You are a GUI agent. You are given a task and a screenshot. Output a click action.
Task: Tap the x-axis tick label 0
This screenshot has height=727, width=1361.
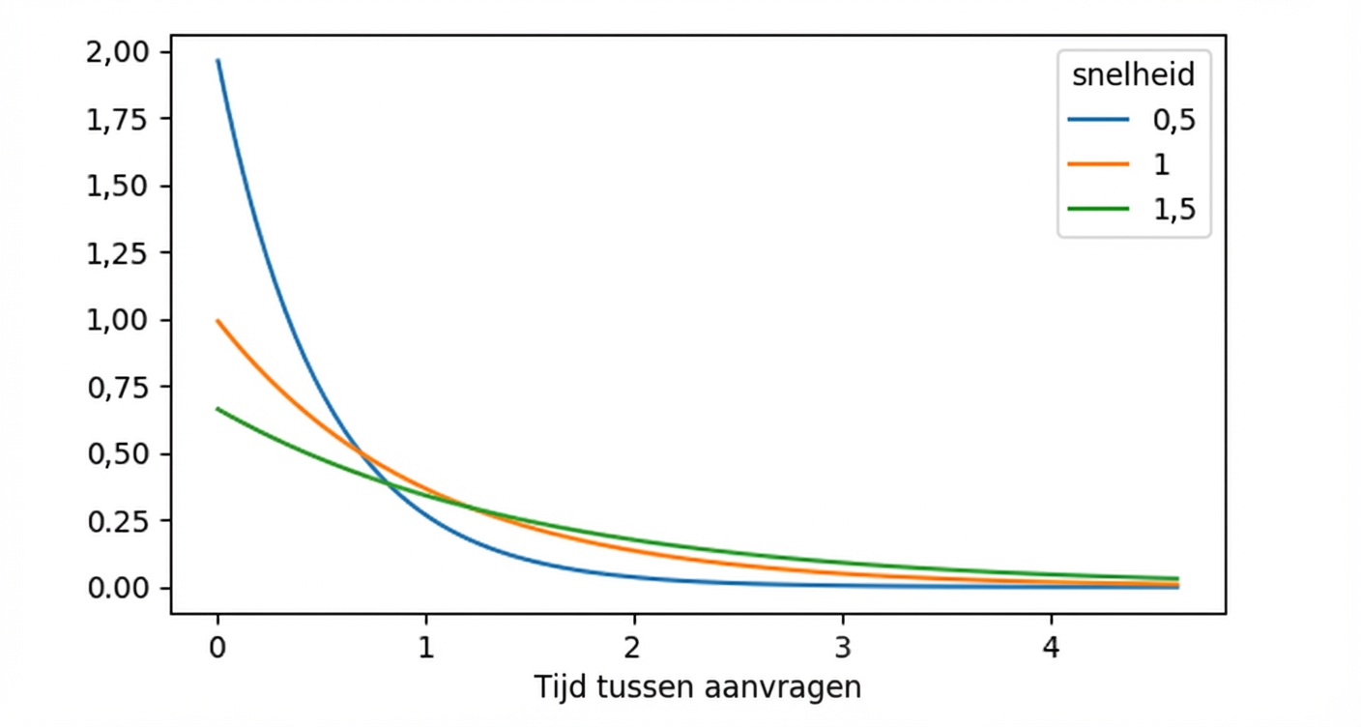217,647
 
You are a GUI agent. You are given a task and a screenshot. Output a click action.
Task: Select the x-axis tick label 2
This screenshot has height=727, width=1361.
634,647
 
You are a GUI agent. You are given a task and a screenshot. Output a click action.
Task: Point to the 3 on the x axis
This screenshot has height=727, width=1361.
843,647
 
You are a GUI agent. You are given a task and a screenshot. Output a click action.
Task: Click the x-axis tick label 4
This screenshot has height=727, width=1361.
1052,647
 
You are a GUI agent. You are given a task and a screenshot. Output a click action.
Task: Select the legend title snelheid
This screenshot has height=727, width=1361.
1133,74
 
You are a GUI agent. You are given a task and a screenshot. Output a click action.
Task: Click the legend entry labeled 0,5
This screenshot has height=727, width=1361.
1174,120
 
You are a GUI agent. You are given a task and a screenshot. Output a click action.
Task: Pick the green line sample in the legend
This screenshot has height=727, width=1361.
1098,209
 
